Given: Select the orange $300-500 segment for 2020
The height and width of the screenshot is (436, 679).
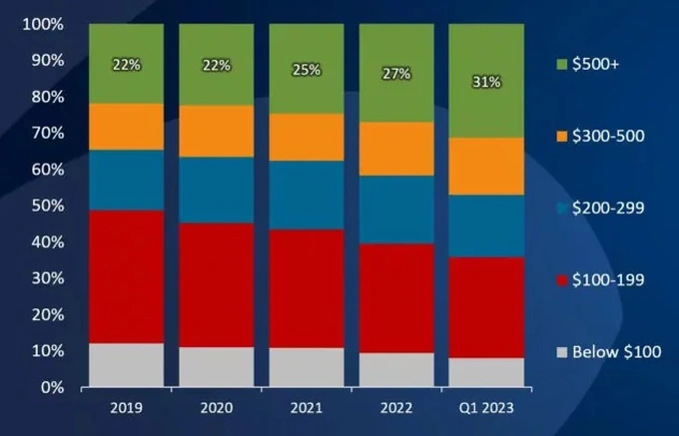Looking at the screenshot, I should (x=216, y=131).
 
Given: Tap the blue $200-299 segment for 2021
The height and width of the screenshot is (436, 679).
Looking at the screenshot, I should (x=306, y=195).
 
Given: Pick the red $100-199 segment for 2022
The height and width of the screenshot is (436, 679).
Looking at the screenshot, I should (x=395, y=298).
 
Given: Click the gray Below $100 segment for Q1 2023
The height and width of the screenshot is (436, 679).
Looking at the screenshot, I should (x=486, y=371).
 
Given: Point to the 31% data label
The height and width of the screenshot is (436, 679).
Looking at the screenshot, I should (x=486, y=82).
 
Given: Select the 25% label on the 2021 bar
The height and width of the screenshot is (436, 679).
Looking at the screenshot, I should (x=307, y=69).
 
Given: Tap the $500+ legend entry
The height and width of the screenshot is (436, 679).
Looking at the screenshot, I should (x=595, y=65).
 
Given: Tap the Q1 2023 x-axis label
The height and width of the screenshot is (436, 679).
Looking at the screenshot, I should (x=486, y=406).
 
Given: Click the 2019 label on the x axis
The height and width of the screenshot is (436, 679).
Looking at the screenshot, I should (x=126, y=406).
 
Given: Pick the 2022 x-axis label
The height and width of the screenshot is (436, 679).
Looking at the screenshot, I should (x=395, y=406).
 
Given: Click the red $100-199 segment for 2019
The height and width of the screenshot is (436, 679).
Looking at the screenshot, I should (x=126, y=276).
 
